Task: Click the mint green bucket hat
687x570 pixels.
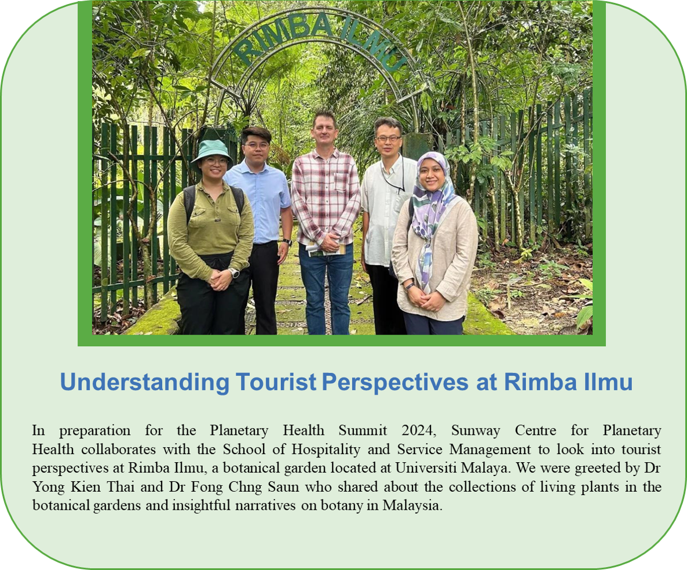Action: click(x=211, y=151)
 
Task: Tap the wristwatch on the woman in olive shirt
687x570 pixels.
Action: click(x=234, y=273)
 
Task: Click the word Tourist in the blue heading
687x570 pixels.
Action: click(x=276, y=382)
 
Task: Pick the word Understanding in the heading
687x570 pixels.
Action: click(x=145, y=382)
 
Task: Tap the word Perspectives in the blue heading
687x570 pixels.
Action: click(x=395, y=382)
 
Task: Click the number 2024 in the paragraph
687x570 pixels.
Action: click(x=418, y=430)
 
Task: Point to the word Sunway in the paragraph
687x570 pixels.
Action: click(x=476, y=431)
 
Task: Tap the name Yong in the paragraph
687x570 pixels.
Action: click(x=49, y=487)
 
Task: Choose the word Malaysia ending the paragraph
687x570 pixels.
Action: click(x=412, y=506)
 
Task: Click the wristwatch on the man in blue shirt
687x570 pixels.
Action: click(x=287, y=242)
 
